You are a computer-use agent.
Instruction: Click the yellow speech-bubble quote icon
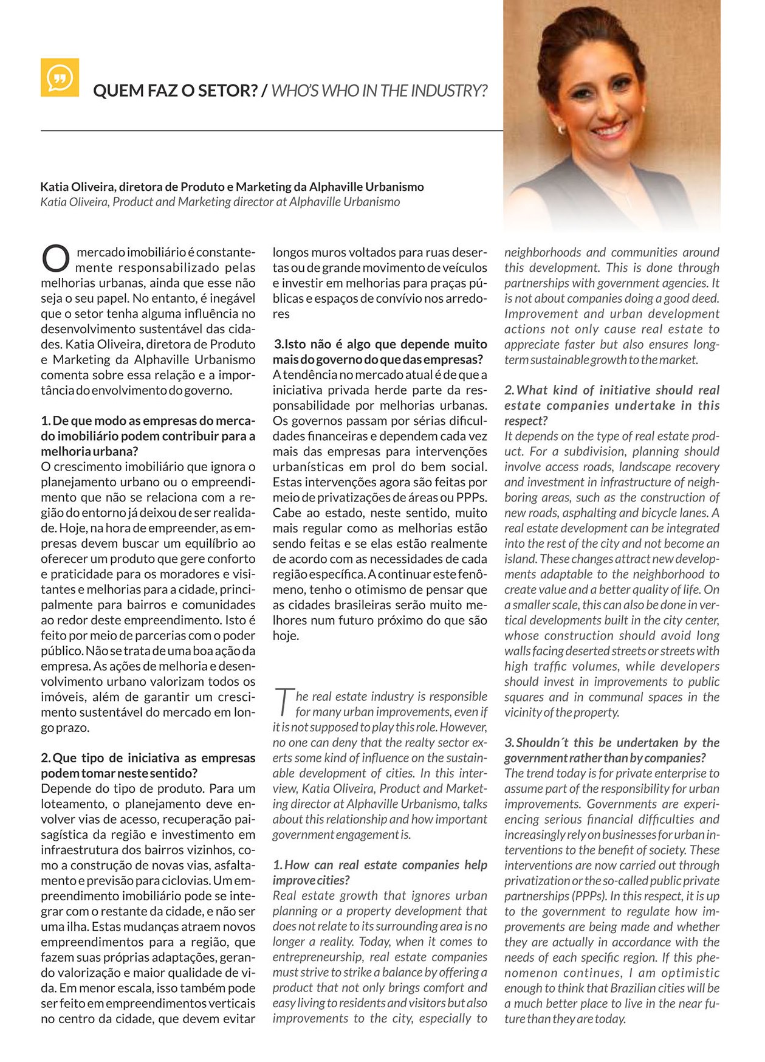click(60, 77)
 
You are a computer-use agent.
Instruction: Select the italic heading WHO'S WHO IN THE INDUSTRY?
click(379, 91)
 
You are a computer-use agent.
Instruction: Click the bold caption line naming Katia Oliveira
click(232, 187)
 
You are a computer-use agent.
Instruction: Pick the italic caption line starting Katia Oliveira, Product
click(220, 202)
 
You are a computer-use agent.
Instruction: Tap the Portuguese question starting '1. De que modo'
click(148, 436)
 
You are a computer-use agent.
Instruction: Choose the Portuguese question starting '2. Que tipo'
click(148, 765)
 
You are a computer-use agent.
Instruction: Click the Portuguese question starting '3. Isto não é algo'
click(379, 352)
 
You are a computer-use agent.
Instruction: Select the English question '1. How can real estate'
click(379, 872)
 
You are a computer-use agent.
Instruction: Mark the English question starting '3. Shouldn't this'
click(611, 750)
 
